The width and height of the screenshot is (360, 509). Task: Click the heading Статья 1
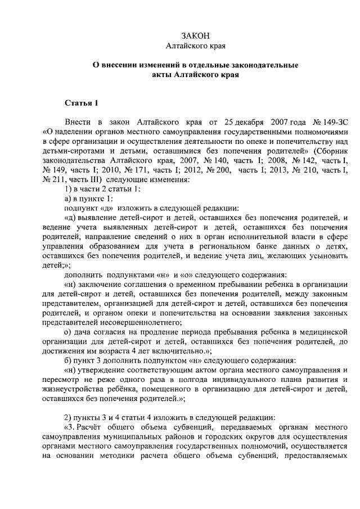pos(82,102)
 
